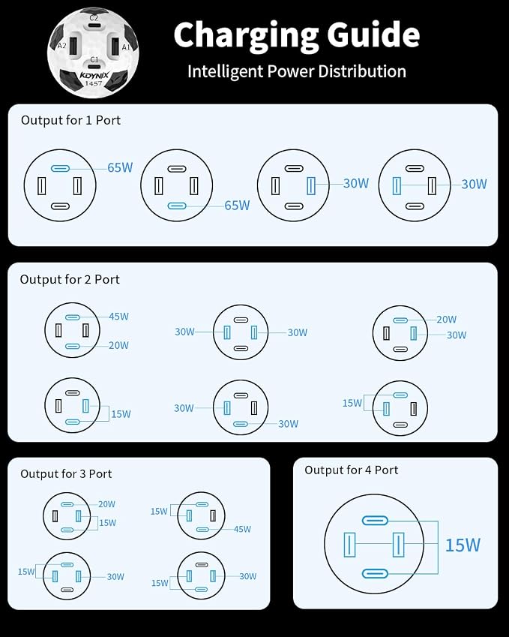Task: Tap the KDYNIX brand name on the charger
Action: [94, 75]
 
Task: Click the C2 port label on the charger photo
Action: [94, 18]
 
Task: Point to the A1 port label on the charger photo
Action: [126, 47]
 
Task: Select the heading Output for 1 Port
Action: [70, 120]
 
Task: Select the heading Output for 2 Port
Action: [70, 280]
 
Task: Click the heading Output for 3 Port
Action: [66, 473]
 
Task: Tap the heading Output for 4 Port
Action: [351, 470]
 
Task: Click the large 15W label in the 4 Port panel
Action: [463, 545]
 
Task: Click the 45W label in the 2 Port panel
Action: [118, 317]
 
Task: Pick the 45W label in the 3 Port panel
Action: [242, 529]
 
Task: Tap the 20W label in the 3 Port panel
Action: [106, 504]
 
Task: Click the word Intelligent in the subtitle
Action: [226, 72]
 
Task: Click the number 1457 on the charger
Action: [94, 83]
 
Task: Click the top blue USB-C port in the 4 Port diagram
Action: [375, 521]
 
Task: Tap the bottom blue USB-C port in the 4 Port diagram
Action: [375, 574]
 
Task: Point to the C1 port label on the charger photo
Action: [94, 60]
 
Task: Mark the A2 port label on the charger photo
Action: [61, 46]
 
